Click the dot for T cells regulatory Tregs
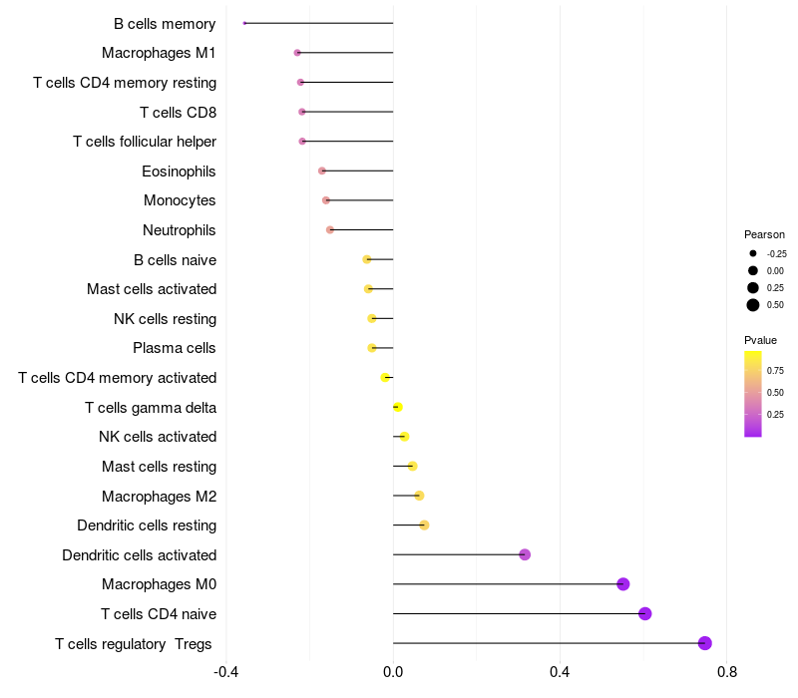[x=704, y=643]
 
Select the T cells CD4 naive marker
[x=644, y=613]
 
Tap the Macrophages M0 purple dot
[x=622, y=584]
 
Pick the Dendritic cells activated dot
[x=525, y=554]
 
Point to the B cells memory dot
[x=244, y=23]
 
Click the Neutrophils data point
[x=330, y=230]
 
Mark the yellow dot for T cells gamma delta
[x=398, y=407]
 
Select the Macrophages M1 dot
[x=297, y=53]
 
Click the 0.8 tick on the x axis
[x=727, y=672]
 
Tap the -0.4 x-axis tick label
[x=226, y=672]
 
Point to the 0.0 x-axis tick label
[x=393, y=672]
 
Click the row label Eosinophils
[x=179, y=172]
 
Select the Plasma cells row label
[x=174, y=348]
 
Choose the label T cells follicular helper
[x=145, y=142]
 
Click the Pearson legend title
[x=764, y=234]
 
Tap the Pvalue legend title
[x=760, y=340]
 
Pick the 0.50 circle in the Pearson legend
[x=753, y=305]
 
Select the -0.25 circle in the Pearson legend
[x=753, y=253]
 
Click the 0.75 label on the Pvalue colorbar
[x=775, y=371]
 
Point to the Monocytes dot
[x=326, y=200]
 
